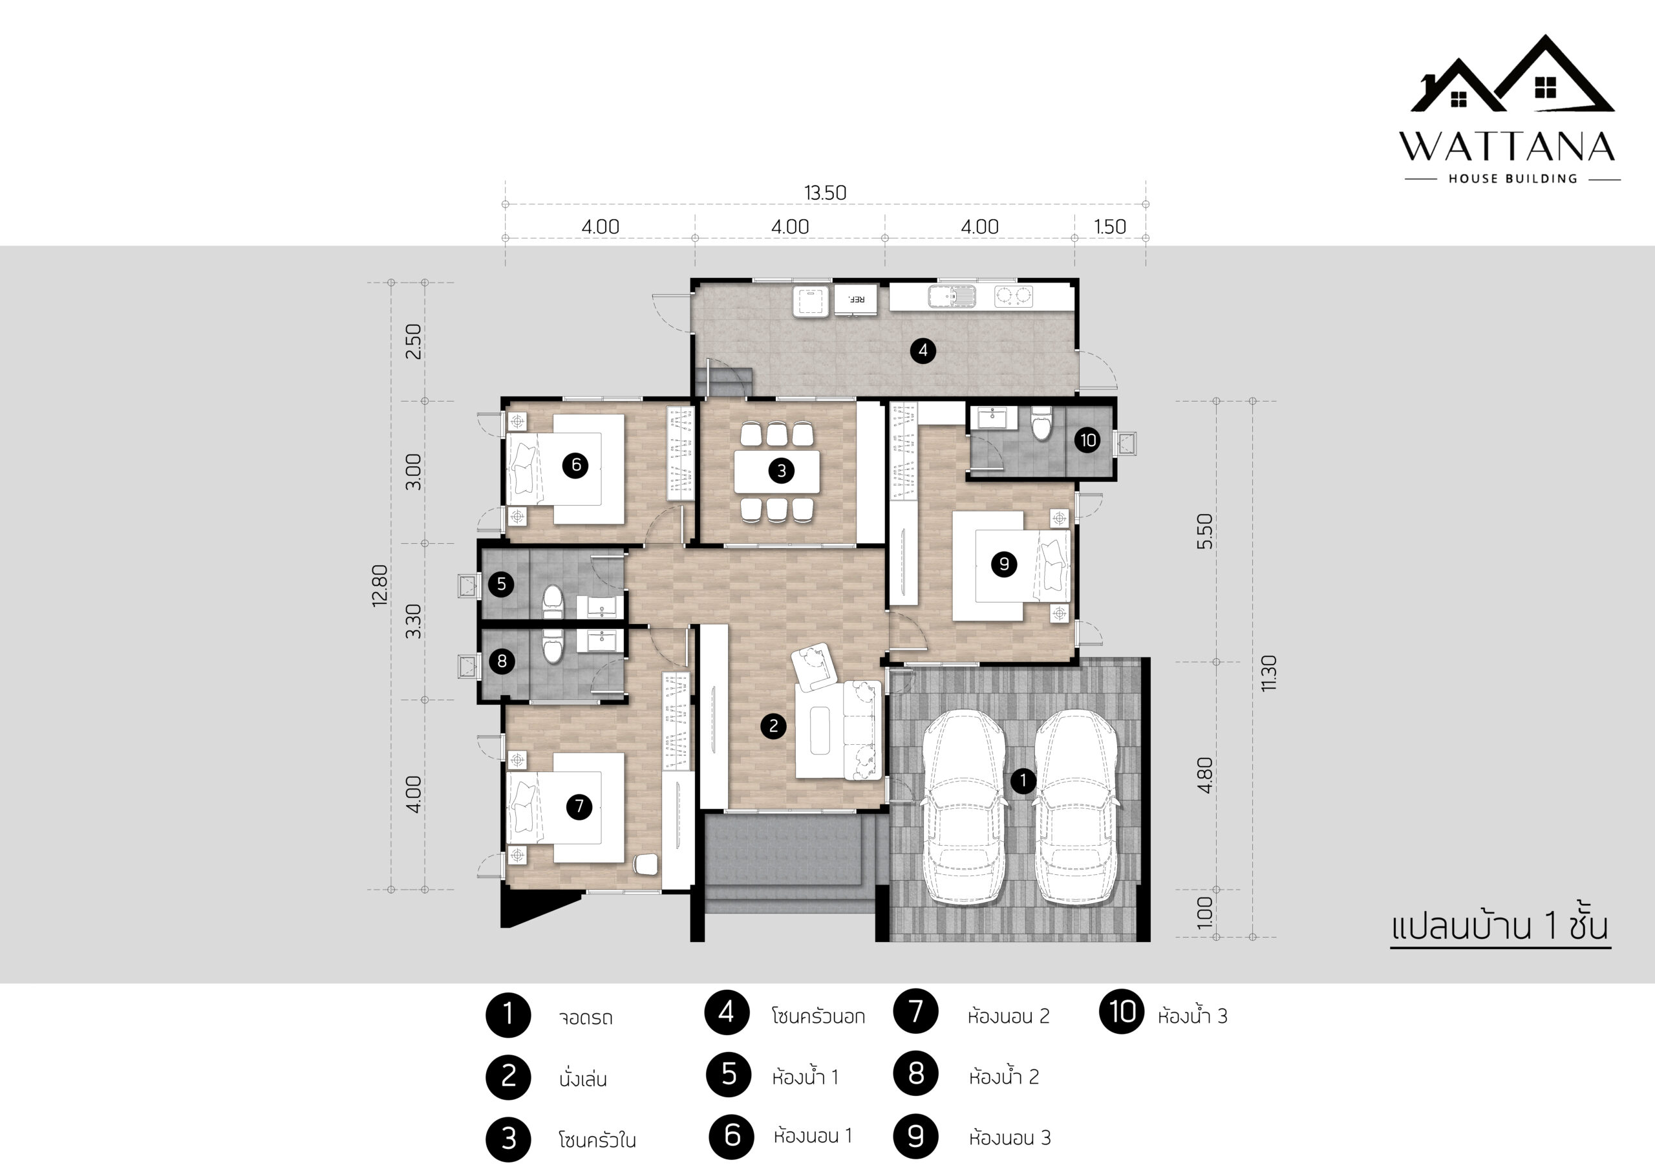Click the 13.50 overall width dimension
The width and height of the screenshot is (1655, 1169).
click(826, 193)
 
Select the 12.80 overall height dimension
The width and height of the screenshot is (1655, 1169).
click(380, 585)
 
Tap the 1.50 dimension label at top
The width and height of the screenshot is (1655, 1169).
click(1110, 227)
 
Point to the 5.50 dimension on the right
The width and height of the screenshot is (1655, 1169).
click(1204, 531)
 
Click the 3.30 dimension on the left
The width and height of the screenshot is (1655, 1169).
click(413, 621)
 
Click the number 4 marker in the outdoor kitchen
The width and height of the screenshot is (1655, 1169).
click(923, 351)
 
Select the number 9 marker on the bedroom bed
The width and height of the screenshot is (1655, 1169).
click(1004, 564)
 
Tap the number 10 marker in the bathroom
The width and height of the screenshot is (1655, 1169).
click(1088, 440)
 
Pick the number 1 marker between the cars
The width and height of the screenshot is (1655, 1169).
click(1023, 780)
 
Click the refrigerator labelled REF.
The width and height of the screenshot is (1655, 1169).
click(855, 300)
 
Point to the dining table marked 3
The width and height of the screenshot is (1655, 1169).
click(776, 471)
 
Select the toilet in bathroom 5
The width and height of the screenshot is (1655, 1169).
click(552, 602)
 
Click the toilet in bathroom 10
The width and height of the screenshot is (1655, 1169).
click(1041, 424)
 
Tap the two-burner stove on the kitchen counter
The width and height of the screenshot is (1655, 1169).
click(1013, 296)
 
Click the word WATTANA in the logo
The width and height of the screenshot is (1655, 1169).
click(1507, 146)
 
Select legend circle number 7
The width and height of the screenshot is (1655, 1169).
click(915, 1011)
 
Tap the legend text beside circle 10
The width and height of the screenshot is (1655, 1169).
click(1192, 1016)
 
